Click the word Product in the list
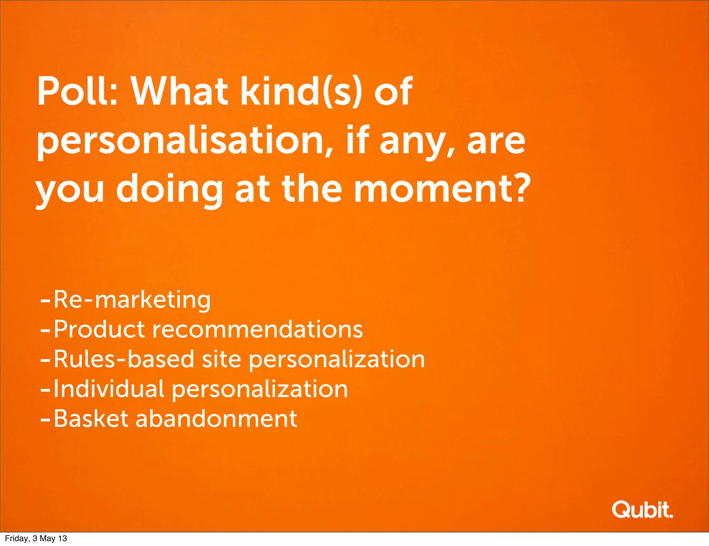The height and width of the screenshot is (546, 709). tap(99, 329)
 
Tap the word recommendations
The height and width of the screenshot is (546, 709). tap(258, 329)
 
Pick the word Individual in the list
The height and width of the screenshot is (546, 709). tap(109, 389)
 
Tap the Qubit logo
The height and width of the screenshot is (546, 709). tap(642, 509)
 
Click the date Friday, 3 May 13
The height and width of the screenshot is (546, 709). tap(36, 538)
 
